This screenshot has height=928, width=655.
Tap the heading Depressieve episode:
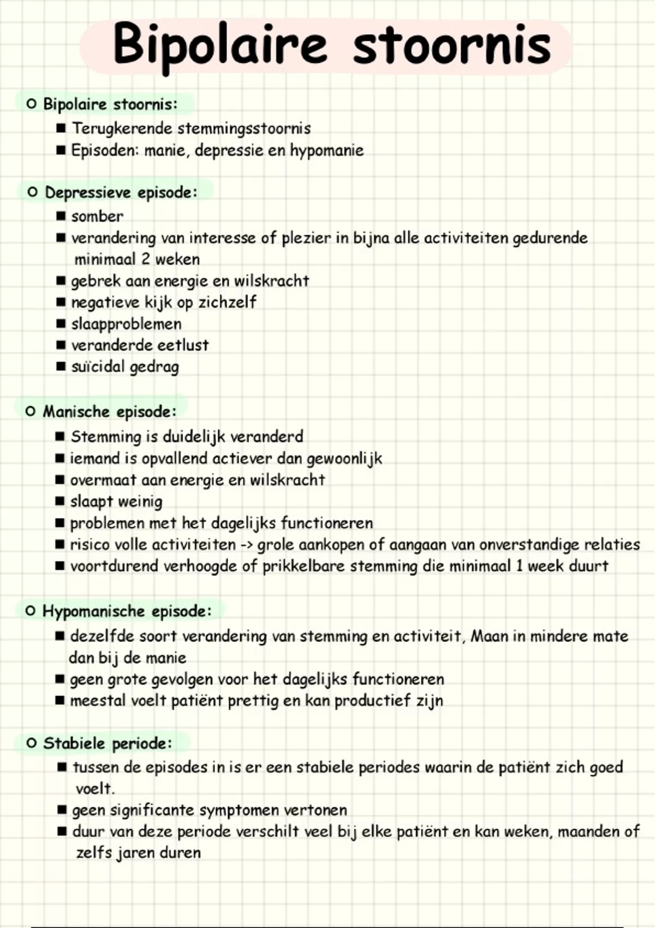(121, 193)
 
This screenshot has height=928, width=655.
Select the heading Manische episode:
(110, 412)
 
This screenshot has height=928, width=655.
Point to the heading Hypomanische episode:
(127, 611)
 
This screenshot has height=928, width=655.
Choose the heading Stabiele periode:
(108, 743)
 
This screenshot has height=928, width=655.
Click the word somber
(97, 217)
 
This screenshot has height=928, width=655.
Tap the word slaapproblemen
(126, 324)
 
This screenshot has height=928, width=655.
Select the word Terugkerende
(122, 129)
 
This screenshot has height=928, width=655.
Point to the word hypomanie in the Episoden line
(326, 151)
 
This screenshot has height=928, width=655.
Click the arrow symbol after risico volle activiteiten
(246, 545)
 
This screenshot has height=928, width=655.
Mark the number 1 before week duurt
(519, 566)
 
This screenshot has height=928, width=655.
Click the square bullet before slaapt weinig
(60, 501)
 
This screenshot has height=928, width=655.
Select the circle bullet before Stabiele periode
(32, 743)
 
